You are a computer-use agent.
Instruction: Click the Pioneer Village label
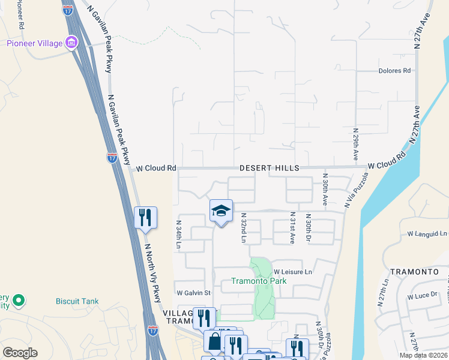point(35,43)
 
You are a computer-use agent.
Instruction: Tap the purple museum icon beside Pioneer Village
point(72,43)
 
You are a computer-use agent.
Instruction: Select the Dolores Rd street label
point(394,70)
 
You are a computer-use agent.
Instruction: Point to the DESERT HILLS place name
point(265,169)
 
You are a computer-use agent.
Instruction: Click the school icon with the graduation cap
point(221,211)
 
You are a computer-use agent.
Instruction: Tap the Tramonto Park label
point(259,281)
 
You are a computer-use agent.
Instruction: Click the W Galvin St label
point(193,293)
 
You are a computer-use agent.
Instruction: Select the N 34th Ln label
point(179,235)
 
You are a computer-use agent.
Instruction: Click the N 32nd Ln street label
point(244,227)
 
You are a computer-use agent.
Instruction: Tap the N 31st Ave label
point(292,227)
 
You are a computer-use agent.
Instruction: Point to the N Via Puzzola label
point(356,190)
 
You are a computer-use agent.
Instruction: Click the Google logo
point(20,353)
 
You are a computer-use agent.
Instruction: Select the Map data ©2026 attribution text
point(423,355)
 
